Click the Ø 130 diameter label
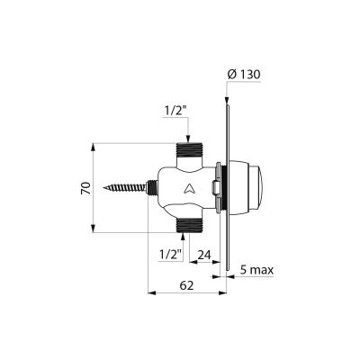point(244,75)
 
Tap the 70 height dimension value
point(86,188)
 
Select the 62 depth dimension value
point(186,285)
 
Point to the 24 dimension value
point(204,256)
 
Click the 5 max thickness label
point(257,270)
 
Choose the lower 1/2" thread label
point(171,255)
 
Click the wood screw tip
point(103,188)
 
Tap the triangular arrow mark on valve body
point(189,188)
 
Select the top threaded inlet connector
point(188,150)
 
